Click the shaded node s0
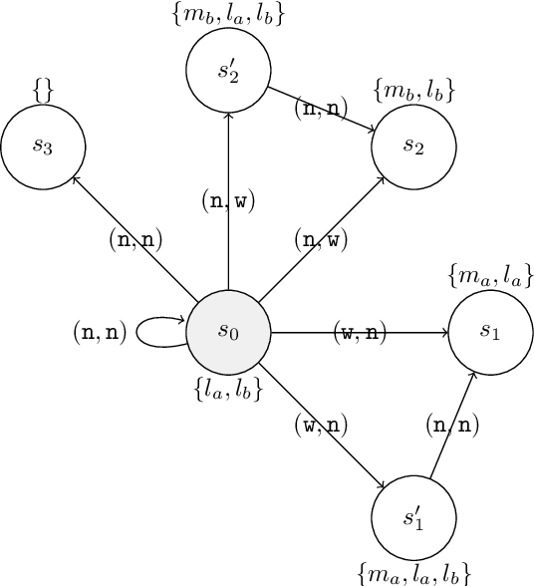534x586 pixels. point(229,332)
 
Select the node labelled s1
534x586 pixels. point(490,332)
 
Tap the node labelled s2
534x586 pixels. point(413,146)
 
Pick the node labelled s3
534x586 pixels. point(43,146)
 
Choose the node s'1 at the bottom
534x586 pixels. point(412,519)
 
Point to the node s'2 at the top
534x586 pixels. point(228,70)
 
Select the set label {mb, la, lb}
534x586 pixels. point(228,15)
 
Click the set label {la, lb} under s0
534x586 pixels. point(229,390)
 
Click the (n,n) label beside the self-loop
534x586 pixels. point(100,333)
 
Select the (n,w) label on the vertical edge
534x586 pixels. point(228,201)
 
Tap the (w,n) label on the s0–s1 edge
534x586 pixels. point(360,333)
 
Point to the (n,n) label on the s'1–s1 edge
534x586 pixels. point(452,426)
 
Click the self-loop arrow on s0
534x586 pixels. point(159,333)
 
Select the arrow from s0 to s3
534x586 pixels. point(133,236)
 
